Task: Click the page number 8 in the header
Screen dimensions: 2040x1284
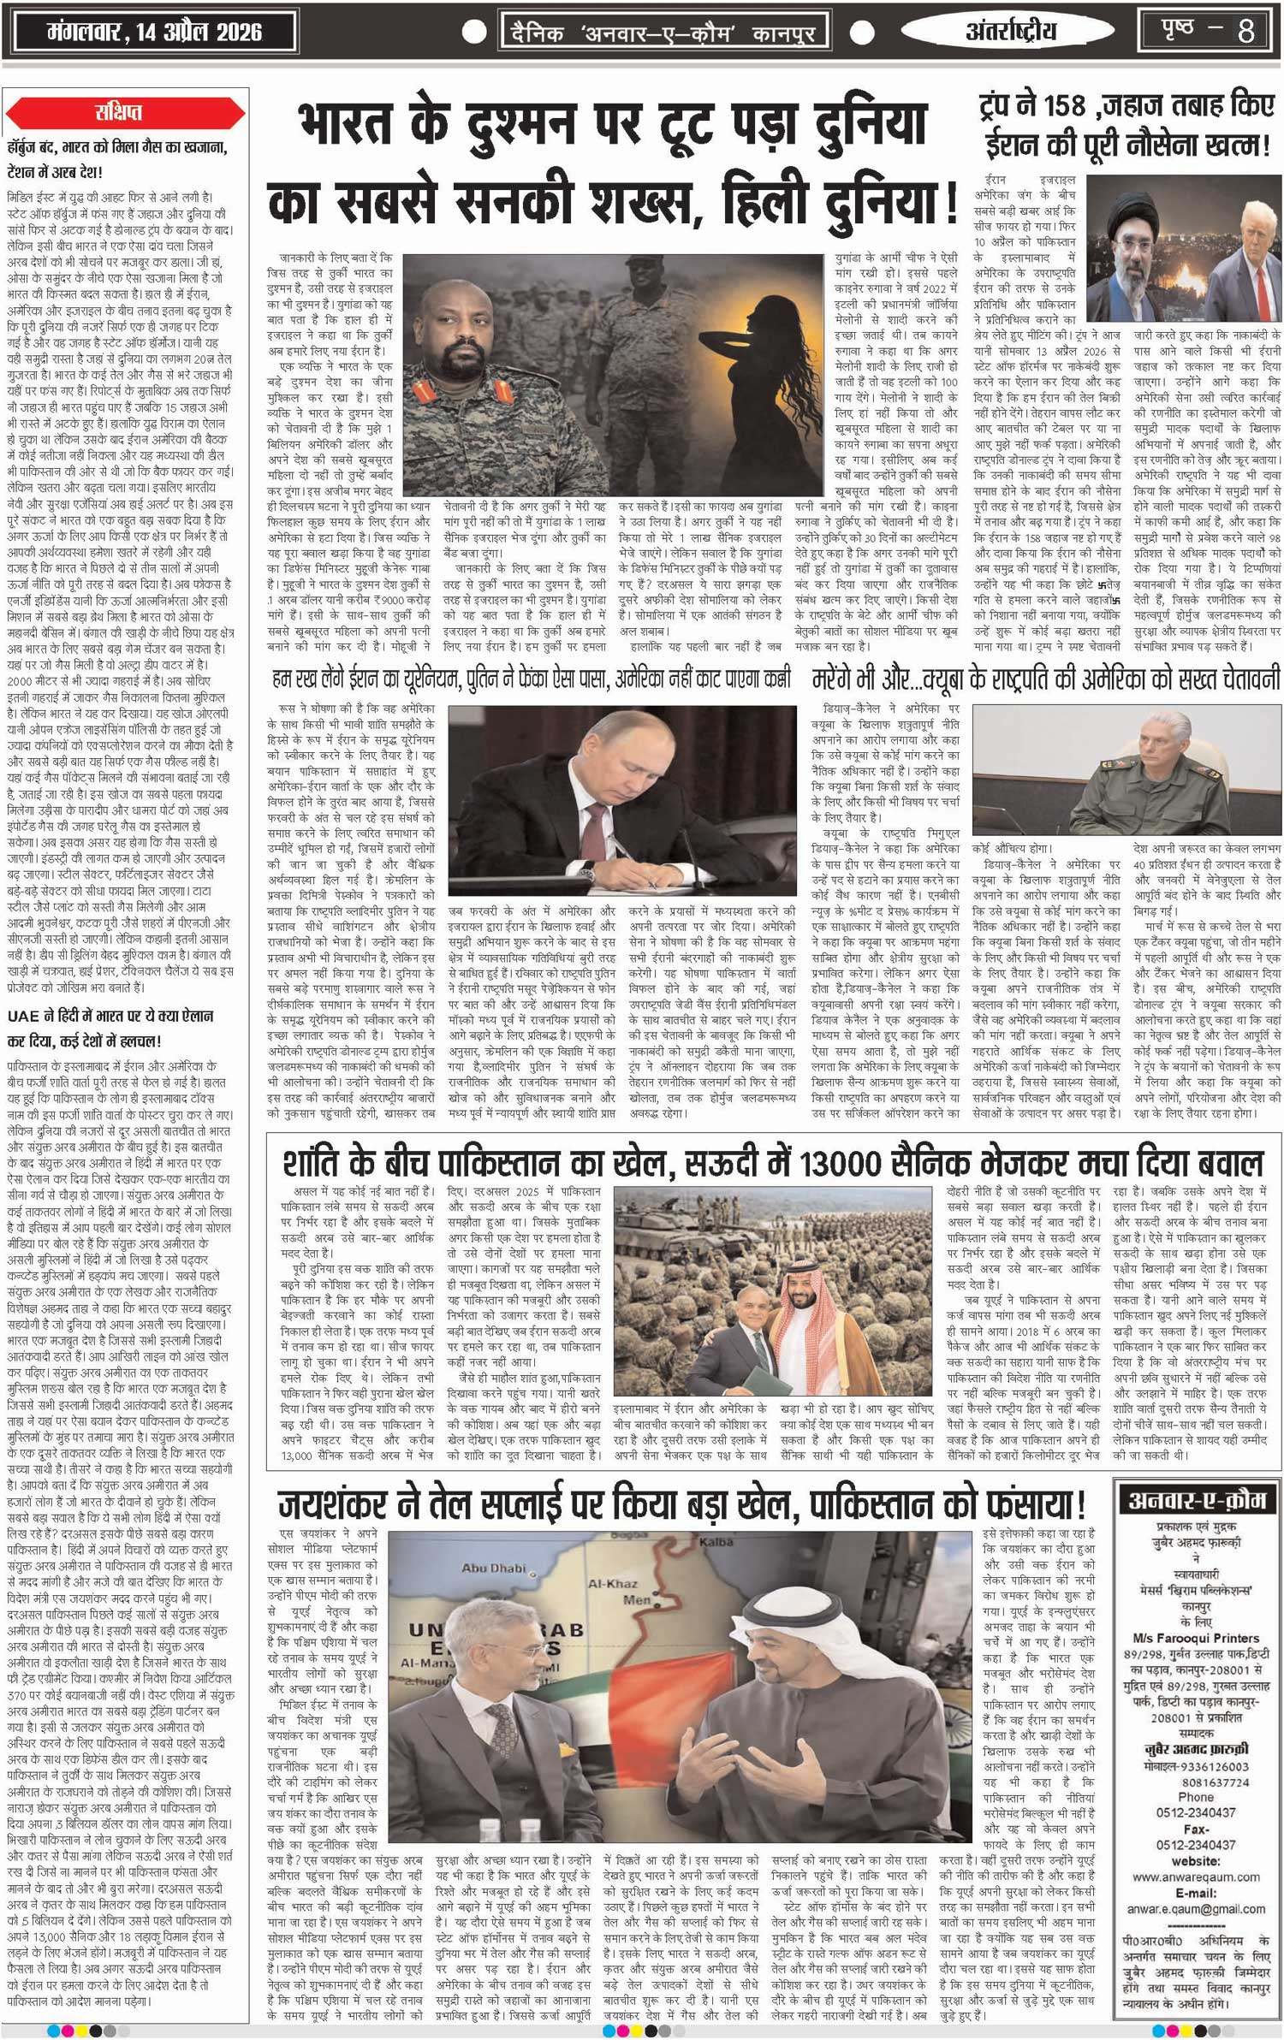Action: [1245, 32]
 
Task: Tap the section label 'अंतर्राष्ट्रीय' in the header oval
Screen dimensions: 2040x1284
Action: [1011, 33]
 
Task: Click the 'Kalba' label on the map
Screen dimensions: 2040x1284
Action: [716, 1542]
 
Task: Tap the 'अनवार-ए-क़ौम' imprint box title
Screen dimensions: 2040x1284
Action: [1197, 1500]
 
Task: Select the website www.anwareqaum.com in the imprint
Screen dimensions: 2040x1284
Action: [1196, 1877]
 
